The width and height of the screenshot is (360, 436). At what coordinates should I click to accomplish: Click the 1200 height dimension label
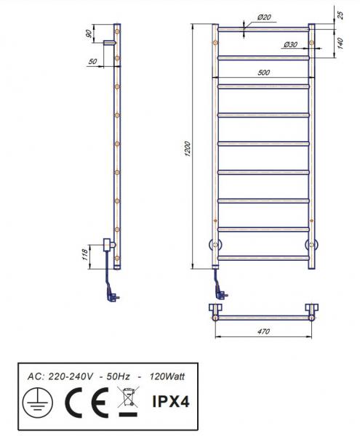coord(187,149)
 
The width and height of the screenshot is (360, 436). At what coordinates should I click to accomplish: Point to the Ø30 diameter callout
coord(290,45)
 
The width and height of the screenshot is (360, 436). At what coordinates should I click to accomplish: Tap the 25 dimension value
coord(340,13)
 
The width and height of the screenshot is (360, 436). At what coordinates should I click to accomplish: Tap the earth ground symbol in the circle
coord(34,401)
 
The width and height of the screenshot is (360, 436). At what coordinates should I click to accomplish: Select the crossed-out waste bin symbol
coord(127,400)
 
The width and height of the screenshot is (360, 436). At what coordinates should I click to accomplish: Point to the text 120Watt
coord(167,376)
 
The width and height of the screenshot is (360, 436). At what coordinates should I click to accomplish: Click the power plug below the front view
coord(219,294)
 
